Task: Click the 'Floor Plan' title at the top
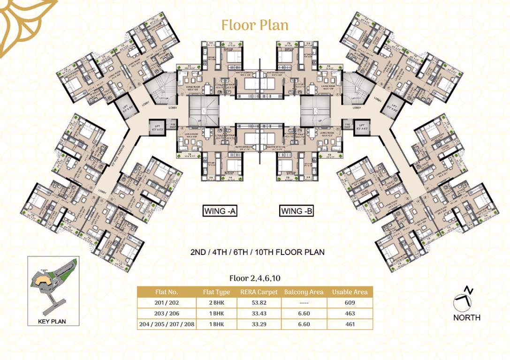tap(255, 24)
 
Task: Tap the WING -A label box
tap(220, 211)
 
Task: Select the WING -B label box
tap(297, 211)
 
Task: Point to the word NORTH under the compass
tap(466, 317)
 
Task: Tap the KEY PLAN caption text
tap(52, 322)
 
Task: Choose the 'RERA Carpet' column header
tap(259, 292)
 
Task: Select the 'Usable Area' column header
tap(349, 292)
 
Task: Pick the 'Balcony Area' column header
tap(304, 292)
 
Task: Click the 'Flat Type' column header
tap(216, 292)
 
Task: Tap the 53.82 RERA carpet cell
tap(259, 303)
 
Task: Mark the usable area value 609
tap(349, 303)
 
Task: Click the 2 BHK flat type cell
tap(216, 303)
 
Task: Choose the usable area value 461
tap(349, 324)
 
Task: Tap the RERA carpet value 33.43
tap(259, 313)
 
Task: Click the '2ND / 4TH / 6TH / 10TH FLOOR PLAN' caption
tap(257, 252)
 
